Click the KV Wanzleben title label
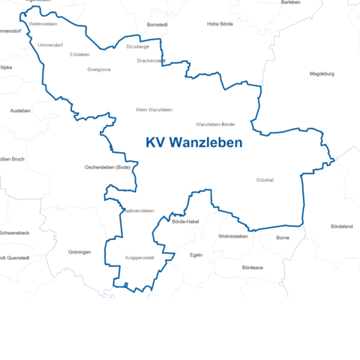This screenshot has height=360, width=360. tap(194, 142)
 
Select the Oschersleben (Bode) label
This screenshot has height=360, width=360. tap(108, 167)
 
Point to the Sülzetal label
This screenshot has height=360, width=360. tap(265, 180)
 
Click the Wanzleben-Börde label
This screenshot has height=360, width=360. tap(215, 124)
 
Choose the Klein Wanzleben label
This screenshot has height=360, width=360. tap(154, 110)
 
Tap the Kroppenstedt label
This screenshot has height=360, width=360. tap(139, 258)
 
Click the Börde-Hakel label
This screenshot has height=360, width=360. tap(185, 222)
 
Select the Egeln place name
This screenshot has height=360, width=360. tap(196, 255)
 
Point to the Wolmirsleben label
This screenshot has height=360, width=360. tap(232, 236)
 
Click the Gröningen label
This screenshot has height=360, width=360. tap(79, 252)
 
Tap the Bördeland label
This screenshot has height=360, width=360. tap(342, 226)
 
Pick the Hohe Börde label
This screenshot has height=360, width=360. tap(221, 24)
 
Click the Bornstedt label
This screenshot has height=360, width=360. tap(157, 25)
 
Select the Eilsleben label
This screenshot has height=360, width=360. tap(79, 55)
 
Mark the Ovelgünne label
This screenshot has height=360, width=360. tap(99, 69)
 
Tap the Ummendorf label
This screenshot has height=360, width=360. tap(50, 45)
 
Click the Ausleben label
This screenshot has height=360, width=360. tap(20, 110)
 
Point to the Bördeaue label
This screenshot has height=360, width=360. tap(253, 268)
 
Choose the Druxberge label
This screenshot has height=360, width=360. tap(138, 46)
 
